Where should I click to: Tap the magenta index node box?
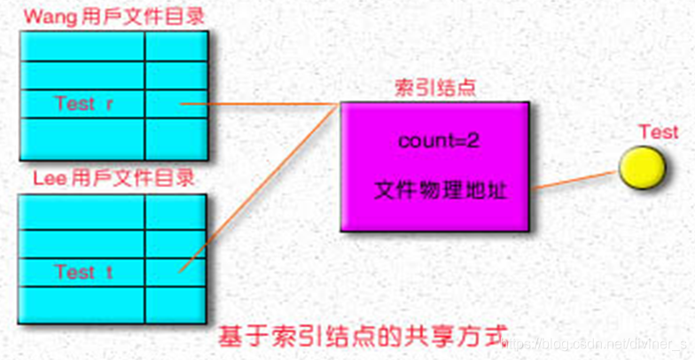tap(434, 166)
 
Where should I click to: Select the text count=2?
tap(439, 140)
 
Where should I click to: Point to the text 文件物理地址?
tap(441, 190)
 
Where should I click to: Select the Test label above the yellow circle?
tap(658, 132)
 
